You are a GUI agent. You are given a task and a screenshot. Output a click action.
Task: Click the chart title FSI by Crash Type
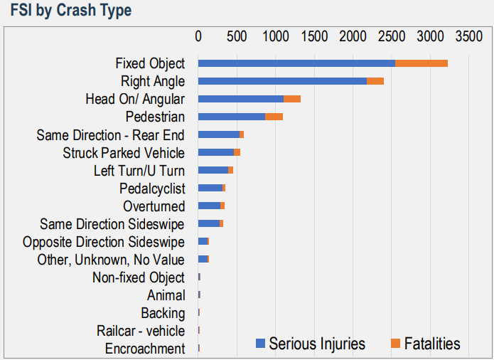71,11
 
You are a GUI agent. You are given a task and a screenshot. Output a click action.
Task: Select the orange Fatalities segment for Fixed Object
421,63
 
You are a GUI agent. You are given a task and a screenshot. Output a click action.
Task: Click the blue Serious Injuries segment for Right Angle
282,81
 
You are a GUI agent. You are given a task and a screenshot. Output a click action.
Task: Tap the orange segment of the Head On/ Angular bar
292,99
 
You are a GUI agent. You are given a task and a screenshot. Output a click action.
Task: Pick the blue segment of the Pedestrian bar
232,117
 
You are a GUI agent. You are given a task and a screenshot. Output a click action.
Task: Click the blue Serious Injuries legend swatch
261,344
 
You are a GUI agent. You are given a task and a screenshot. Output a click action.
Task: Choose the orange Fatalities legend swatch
396,344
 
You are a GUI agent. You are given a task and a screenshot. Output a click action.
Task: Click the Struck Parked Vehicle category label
124,153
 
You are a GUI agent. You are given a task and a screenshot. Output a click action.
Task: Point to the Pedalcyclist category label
152,189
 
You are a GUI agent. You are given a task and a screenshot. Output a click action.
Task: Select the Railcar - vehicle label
141,331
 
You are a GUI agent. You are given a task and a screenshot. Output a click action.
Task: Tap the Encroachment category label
145,349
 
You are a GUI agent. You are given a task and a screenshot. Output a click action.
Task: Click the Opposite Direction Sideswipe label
104,242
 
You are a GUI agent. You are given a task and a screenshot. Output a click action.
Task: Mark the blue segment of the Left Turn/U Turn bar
213,170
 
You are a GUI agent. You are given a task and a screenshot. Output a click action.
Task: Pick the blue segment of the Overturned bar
209,206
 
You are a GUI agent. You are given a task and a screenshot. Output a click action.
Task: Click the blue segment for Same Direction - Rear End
219,134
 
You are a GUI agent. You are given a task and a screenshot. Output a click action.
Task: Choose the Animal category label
166,295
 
